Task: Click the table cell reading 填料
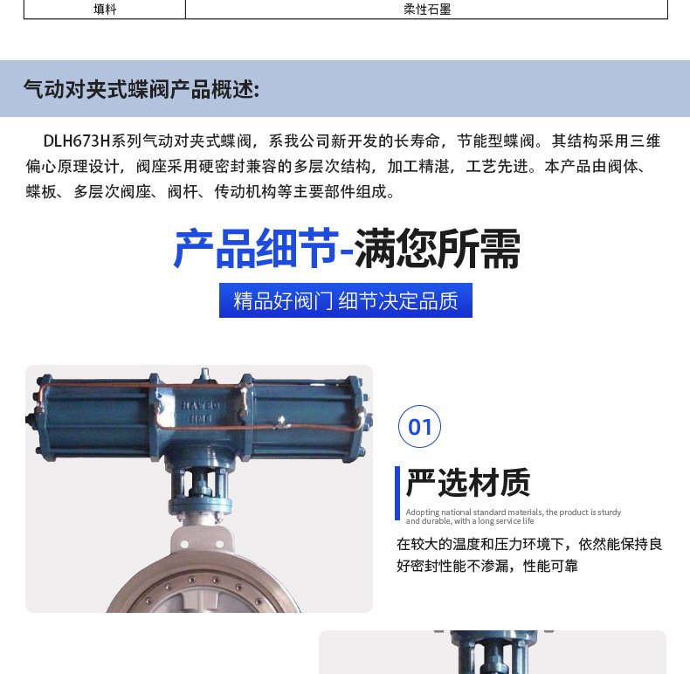coord(105,10)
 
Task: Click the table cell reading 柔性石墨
coord(427,10)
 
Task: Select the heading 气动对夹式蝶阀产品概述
coord(141,89)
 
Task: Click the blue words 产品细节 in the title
coord(255,249)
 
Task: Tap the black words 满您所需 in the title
coord(438,249)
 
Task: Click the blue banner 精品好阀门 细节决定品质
coord(345,300)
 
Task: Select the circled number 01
coord(420,427)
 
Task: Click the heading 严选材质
coord(468,483)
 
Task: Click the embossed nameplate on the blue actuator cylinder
coord(200,413)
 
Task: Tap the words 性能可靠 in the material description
coord(550,566)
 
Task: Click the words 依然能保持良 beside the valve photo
coord(621,544)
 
